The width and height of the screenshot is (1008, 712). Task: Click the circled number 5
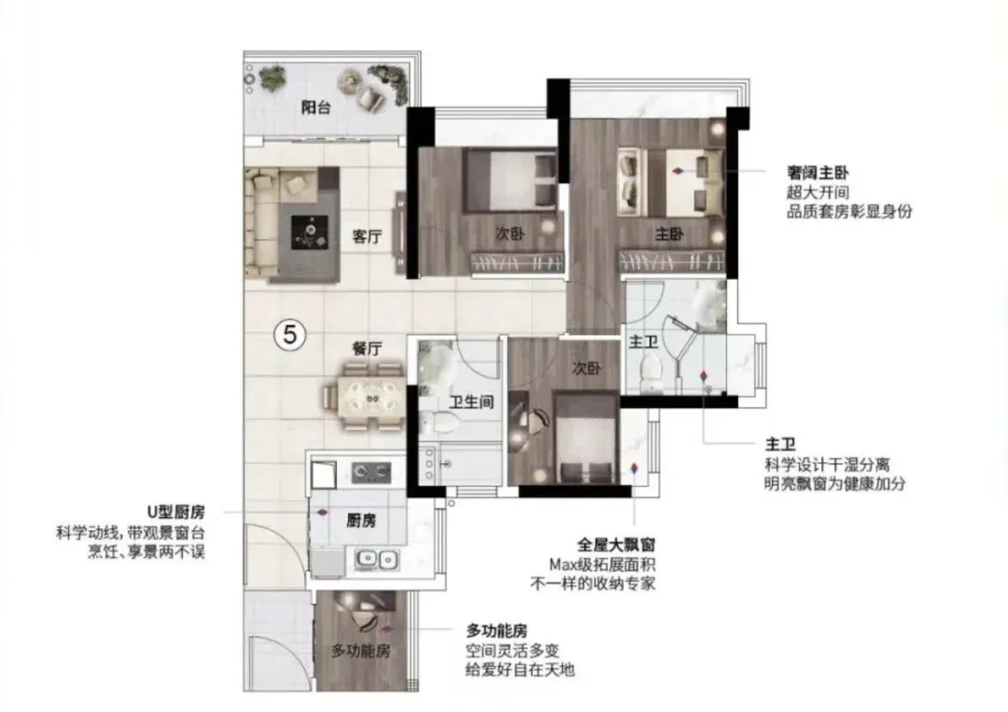tap(290, 335)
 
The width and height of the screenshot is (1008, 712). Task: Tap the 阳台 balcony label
tap(316, 107)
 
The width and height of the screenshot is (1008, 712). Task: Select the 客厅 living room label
tap(367, 236)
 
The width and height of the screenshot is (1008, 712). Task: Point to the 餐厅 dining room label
tap(367, 348)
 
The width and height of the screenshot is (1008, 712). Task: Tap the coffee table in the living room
tap(310, 232)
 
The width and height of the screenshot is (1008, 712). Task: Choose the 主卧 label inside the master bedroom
tap(669, 234)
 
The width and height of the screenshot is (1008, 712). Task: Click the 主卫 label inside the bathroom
tap(643, 342)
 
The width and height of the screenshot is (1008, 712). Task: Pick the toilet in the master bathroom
tap(651, 372)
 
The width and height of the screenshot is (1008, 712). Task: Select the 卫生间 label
tap(471, 402)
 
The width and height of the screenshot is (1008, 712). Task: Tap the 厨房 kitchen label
tap(361, 521)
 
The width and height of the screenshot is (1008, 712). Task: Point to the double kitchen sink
tap(377, 560)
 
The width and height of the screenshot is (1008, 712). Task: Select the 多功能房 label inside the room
tap(360, 650)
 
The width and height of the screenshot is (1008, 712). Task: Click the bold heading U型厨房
tap(176, 512)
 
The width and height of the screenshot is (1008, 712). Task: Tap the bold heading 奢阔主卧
tap(818, 173)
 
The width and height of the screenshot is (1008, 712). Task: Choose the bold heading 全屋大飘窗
tap(616, 545)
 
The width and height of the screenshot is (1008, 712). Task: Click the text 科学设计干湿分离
tap(827, 464)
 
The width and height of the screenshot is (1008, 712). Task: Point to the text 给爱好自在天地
tap(520, 670)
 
